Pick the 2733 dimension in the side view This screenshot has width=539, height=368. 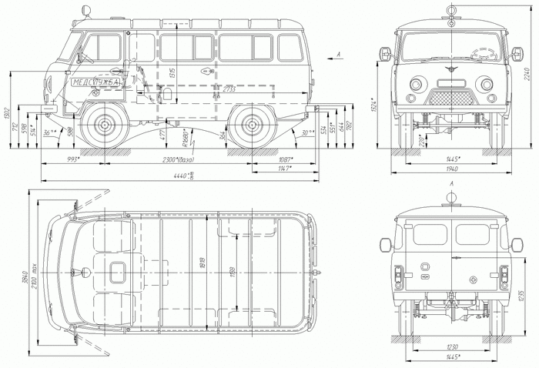[x=228, y=89]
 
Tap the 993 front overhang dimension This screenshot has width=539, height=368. [x=74, y=159]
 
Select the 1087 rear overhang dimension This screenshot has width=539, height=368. [x=283, y=159]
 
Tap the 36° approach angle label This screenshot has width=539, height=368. [x=51, y=132]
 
